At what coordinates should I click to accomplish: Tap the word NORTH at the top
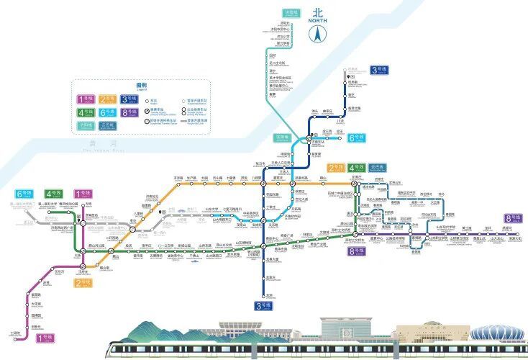[317, 20]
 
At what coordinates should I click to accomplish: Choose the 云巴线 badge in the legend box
[109, 125]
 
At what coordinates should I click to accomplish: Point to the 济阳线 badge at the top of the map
[291, 13]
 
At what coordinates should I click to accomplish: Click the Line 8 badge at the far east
[513, 218]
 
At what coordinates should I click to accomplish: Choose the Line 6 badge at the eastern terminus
[355, 138]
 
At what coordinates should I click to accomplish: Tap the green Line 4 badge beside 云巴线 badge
[355, 168]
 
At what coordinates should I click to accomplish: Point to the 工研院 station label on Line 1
[16, 333]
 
